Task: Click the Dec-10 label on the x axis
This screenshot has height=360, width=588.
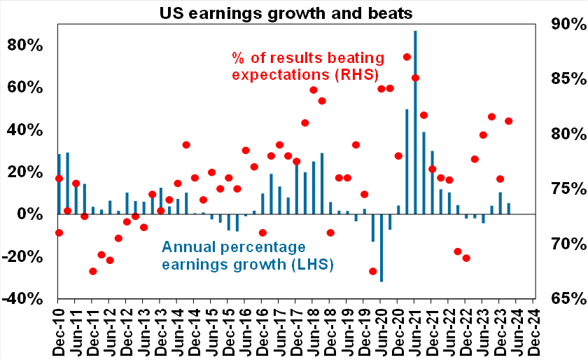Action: pyautogui.click(x=59, y=330)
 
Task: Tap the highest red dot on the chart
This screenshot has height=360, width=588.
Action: pyautogui.click(x=407, y=57)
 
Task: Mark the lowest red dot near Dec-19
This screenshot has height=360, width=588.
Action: pyautogui.click(x=373, y=271)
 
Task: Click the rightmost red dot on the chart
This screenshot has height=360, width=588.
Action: pyautogui.click(x=508, y=121)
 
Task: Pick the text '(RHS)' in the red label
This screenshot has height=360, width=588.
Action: pyautogui.click(x=356, y=74)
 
